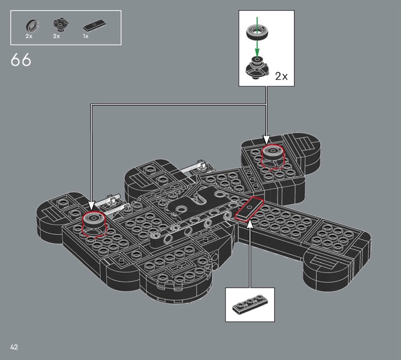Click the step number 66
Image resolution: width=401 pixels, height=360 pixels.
(x=21, y=60)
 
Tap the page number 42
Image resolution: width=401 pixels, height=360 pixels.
(x=14, y=347)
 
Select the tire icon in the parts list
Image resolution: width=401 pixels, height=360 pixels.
(x=32, y=26)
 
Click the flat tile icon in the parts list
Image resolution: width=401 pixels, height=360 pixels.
(x=94, y=25)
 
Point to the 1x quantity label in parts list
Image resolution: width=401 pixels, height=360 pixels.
(x=85, y=36)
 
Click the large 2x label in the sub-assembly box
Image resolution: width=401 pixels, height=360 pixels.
(x=281, y=76)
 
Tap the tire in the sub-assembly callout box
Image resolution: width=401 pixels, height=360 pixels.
(x=258, y=32)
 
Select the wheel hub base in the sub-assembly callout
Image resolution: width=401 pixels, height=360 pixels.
(x=257, y=68)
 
